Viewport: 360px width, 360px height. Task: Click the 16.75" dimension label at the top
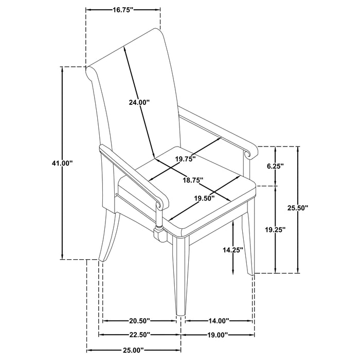(x=123, y=10)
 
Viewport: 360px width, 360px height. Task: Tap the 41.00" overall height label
(x=62, y=163)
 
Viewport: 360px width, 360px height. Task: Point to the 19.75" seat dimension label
(x=185, y=158)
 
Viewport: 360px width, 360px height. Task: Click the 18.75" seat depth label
(x=193, y=180)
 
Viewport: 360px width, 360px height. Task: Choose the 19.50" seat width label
(x=204, y=198)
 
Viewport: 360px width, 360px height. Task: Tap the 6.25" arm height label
(x=275, y=166)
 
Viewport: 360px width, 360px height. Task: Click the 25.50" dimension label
(x=298, y=208)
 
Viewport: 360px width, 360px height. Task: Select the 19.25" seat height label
(x=276, y=229)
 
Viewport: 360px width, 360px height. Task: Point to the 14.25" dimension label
(x=233, y=250)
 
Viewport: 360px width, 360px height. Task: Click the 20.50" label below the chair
(x=139, y=321)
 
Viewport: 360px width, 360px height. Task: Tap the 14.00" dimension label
(x=219, y=321)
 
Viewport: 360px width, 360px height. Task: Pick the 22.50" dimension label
(x=139, y=334)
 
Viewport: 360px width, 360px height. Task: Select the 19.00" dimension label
(x=217, y=334)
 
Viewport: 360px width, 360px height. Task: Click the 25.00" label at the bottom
(x=133, y=350)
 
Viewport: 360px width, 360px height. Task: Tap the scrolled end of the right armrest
(x=251, y=151)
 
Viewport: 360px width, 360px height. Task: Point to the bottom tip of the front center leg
(x=181, y=315)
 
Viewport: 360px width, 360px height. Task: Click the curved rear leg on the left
(x=107, y=237)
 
